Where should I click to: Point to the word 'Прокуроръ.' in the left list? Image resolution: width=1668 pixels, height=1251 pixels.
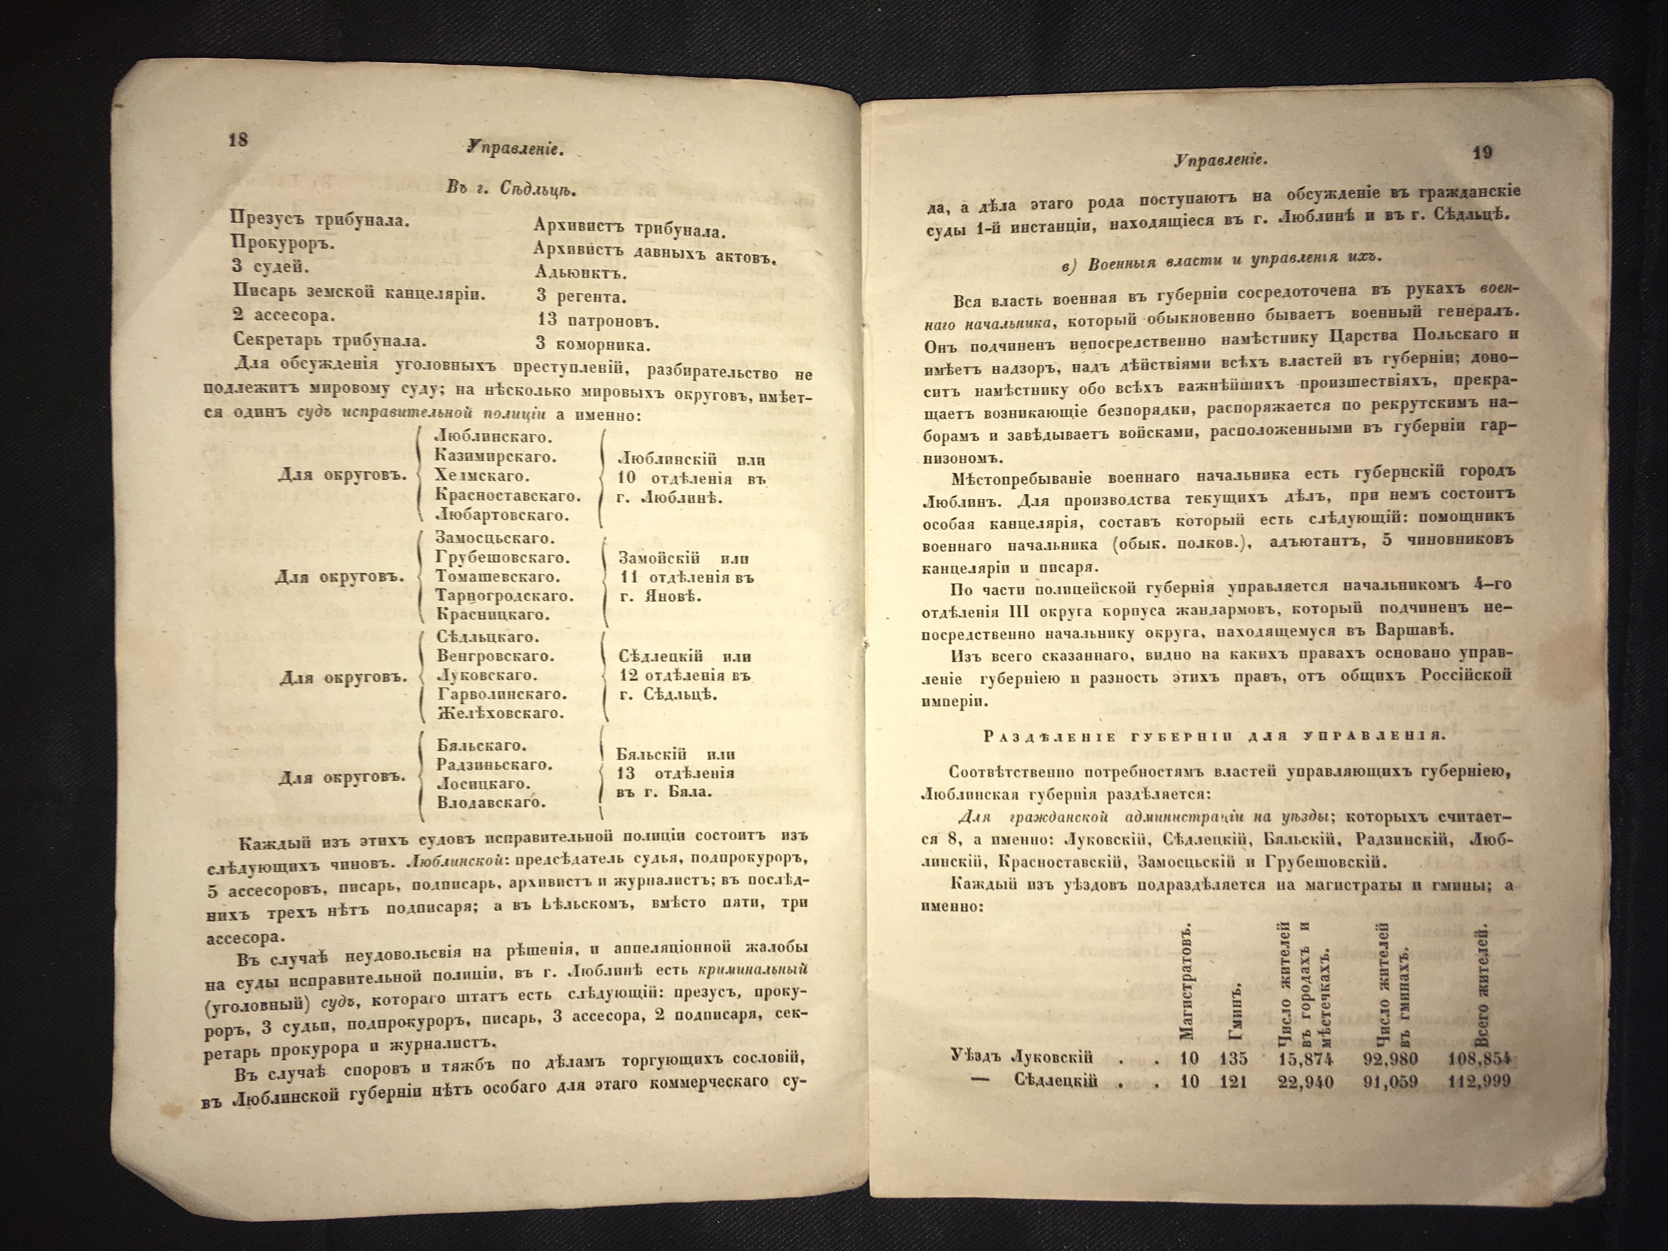pos(283,243)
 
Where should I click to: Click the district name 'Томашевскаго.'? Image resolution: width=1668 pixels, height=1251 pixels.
pos(498,577)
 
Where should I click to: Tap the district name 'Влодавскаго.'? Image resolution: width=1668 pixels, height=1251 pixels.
pos(491,802)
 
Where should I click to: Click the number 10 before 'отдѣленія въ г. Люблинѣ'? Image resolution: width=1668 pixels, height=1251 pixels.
pos(626,478)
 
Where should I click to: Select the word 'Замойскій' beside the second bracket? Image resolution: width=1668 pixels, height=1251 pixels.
pos(659,558)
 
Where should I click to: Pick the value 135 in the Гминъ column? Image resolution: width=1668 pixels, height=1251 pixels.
pos(1233,1059)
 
